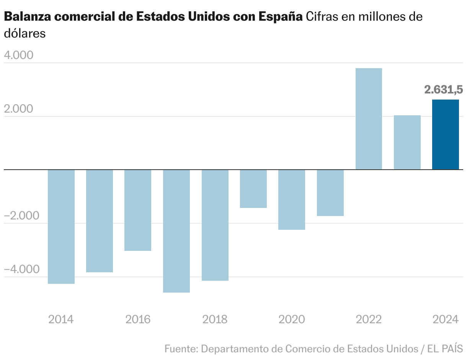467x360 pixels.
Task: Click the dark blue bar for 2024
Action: tap(446, 134)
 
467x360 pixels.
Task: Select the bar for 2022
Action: tap(369, 119)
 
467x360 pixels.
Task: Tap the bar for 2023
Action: tap(407, 142)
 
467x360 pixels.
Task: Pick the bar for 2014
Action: tap(61, 226)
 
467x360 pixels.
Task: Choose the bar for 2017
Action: tap(176, 231)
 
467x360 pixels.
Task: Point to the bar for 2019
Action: tap(253, 189)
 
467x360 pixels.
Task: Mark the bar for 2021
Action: tap(330, 193)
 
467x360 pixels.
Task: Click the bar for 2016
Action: tap(138, 210)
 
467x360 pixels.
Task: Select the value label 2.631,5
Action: tap(443, 90)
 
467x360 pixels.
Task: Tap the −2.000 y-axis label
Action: tap(22, 216)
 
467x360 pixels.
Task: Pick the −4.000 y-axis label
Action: tap(22, 270)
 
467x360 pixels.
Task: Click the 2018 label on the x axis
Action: tap(215, 319)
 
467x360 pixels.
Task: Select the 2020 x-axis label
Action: tap(292, 319)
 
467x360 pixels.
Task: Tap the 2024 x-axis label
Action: tap(446, 319)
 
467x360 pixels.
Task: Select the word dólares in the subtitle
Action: tap(25, 34)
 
